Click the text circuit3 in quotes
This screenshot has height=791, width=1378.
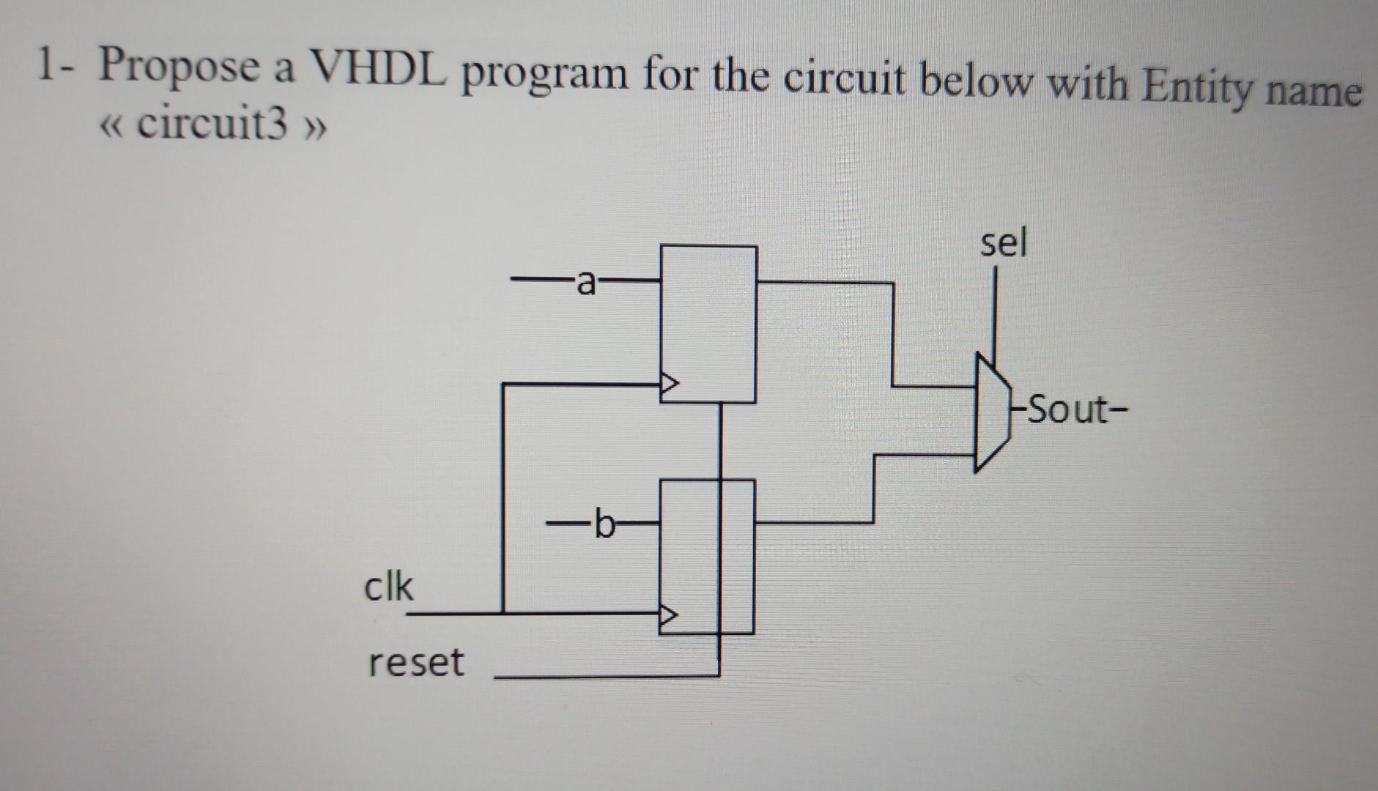coord(212,125)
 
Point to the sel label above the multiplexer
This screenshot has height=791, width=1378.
coord(1004,242)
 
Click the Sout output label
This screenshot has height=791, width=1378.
coord(1069,410)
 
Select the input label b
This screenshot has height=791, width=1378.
coord(604,524)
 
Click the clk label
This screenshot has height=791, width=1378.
coord(388,587)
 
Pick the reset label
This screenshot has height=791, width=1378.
coord(415,663)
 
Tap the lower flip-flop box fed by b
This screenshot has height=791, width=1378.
coord(706,556)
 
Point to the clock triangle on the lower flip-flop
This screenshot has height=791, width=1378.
coord(668,615)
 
